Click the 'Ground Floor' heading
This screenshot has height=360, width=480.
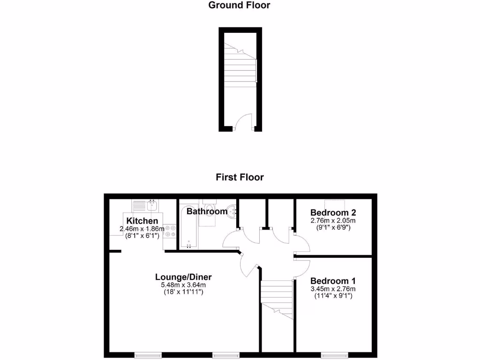click(x=239, y=6)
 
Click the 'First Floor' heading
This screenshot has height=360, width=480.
click(x=240, y=177)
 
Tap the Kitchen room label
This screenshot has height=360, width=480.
click(x=142, y=221)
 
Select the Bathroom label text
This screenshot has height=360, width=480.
click(x=207, y=211)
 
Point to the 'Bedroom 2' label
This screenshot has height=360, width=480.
click(x=333, y=211)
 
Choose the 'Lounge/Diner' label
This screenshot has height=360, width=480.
click(x=183, y=277)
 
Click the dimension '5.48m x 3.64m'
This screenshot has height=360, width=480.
click(x=183, y=285)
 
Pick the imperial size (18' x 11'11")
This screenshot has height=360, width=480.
click(x=183, y=292)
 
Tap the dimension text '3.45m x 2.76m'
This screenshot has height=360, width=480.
click(x=333, y=289)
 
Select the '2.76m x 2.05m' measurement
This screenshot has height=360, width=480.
click(x=333, y=220)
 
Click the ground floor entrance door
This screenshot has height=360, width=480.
click(x=243, y=123)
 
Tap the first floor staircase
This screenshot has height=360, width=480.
click(x=277, y=298)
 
